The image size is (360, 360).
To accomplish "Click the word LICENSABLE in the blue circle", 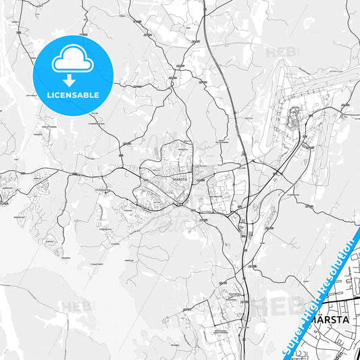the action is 72,95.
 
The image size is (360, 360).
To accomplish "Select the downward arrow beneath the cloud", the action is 70,79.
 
